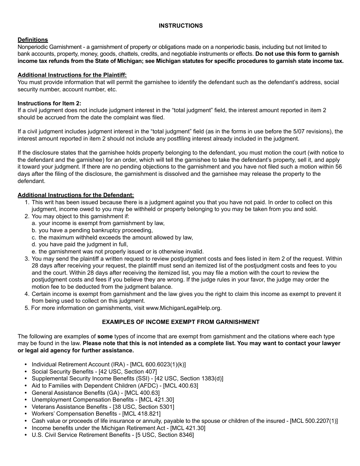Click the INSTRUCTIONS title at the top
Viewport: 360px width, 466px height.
(x=180, y=26)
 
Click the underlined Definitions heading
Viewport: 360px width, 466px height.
(x=33, y=40)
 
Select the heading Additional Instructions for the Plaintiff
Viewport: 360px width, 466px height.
(x=72, y=75)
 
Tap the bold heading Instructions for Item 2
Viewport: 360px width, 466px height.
(x=49, y=103)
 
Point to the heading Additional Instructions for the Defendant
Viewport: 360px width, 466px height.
(x=76, y=195)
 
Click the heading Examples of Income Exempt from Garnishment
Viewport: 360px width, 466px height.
(x=180, y=322)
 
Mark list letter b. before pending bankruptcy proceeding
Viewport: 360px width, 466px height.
(x=34, y=230)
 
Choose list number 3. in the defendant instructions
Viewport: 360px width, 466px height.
(x=27, y=259)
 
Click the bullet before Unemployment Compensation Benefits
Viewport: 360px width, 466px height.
(x=26, y=400)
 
